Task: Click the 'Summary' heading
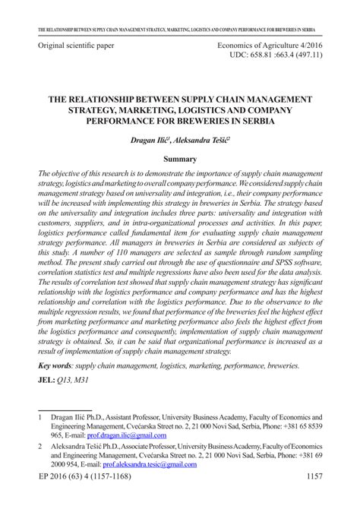pyautogui.click(x=180, y=160)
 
